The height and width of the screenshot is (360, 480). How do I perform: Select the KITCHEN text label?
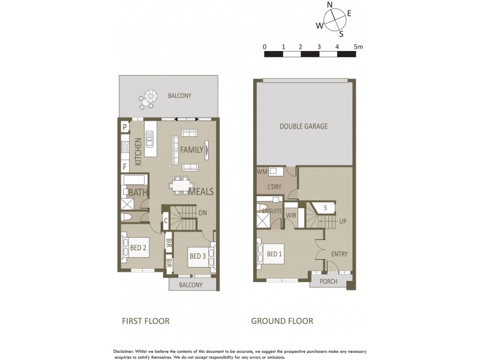138,152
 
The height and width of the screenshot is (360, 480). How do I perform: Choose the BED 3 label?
198,256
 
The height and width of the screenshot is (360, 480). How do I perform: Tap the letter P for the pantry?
125,127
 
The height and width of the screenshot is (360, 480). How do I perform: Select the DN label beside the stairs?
203,212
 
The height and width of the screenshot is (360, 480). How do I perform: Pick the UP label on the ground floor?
343,221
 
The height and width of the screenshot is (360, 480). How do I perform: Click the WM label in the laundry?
262,172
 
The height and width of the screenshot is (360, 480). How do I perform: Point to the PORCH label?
328,281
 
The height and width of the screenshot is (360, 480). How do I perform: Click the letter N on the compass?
329,5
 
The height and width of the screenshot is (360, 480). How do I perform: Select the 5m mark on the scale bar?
358,46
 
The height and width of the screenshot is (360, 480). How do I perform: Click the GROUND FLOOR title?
282,321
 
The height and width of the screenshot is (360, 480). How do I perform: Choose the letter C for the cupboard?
166,220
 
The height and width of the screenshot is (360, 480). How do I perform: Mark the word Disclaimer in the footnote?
125,351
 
